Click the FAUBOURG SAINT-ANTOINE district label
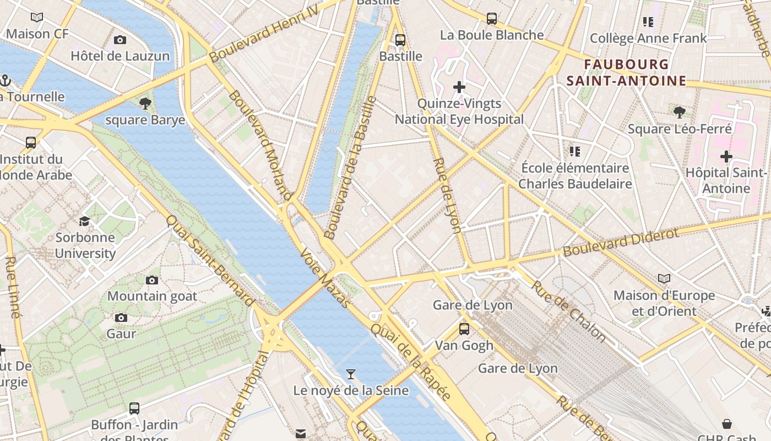pyautogui.click(x=627, y=73)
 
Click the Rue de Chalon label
pyautogui.click(x=568, y=310)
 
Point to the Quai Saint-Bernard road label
pyautogui.click(x=210, y=260)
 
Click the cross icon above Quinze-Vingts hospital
pyautogui.click(x=459, y=87)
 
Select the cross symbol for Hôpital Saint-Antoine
pyautogui.click(x=726, y=157)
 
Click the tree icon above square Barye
pyautogui.click(x=145, y=103)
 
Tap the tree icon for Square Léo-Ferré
pyautogui.click(x=680, y=112)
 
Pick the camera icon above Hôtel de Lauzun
pyautogui.click(x=120, y=40)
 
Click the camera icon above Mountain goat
pyautogui.click(x=152, y=280)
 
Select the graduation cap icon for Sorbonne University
pyautogui.click(x=84, y=222)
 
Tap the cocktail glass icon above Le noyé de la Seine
pyautogui.click(x=350, y=374)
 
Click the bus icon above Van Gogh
pyautogui.click(x=464, y=329)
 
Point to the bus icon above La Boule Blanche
pyautogui.click(x=492, y=19)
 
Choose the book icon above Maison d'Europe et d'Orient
pyautogui.click(x=664, y=279)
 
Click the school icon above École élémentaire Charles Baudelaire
pyautogui.click(x=575, y=151)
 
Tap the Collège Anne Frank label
pyautogui.click(x=648, y=38)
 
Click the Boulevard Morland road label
pyautogui.click(x=259, y=145)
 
